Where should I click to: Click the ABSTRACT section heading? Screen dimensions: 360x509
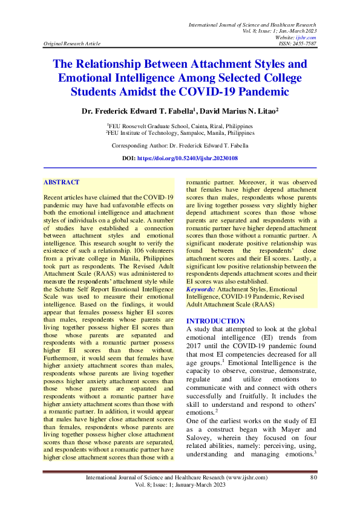(x=62, y=181)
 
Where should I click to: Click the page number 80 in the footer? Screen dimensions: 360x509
(x=313, y=478)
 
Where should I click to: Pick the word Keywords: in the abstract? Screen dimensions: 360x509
(x=200, y=290)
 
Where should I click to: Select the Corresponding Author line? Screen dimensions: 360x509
(x=180, y=146)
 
